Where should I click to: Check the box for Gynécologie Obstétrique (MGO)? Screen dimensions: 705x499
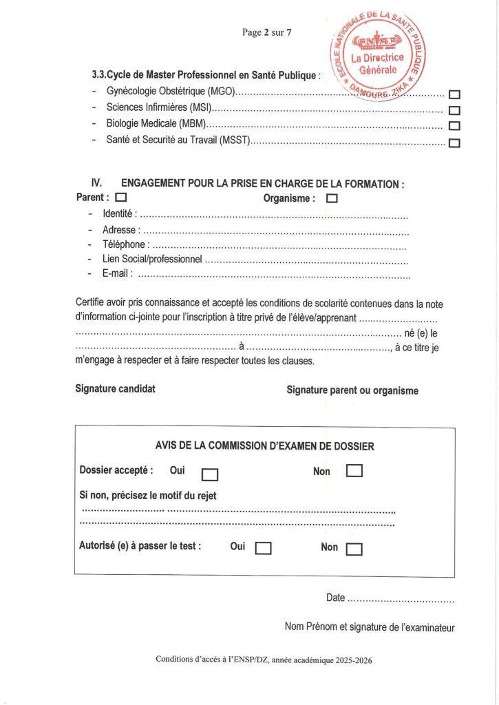tap(454, 95)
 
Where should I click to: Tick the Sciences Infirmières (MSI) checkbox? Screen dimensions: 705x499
tap(454, 110)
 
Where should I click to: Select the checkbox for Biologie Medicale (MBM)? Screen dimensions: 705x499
tap(454, 126)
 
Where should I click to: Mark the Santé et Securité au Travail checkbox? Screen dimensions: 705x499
tap(454, 143)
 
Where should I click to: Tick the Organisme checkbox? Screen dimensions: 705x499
tap(332, 198)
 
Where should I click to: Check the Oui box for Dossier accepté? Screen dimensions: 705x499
tap(210, 474)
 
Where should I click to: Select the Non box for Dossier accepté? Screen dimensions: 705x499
tap(354, 471)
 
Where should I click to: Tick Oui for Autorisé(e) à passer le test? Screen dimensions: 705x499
tap(264, 548)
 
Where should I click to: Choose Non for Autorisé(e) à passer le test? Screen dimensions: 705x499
tap(354, 549)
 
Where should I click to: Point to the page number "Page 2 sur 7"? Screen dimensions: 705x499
tap(267, 32)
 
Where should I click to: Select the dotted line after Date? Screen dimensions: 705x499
tap(401, 598)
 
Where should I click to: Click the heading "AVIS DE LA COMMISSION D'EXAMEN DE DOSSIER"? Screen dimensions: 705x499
tap(265, 446)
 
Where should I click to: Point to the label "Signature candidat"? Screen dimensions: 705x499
tap(115, 389)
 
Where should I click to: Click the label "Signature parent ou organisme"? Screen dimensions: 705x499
tap(352, 390)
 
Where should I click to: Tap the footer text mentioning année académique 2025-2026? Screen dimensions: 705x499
tap(264, 659)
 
